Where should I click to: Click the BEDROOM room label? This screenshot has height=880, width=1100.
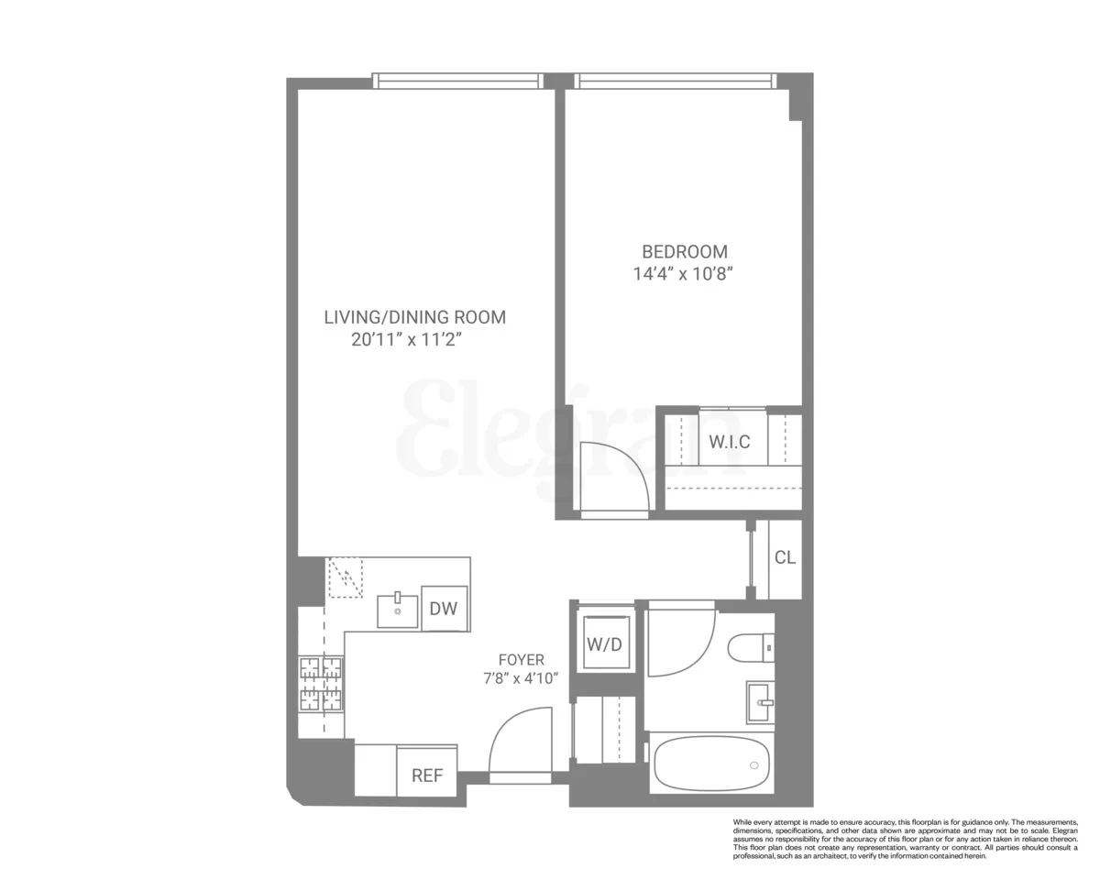point(684,251)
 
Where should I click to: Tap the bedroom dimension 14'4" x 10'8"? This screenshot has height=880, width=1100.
point(684,273)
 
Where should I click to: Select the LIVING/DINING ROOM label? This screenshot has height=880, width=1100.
point(414,317)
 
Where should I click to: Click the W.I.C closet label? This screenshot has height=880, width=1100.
point(729,442)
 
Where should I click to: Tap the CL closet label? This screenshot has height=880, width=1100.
point(785,557)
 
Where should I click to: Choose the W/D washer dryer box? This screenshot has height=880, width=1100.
point(604,644)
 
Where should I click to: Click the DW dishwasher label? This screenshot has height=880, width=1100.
point(444,608)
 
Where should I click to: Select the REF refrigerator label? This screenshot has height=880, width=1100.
point(427,775)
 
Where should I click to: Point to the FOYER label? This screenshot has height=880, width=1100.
point(521,660)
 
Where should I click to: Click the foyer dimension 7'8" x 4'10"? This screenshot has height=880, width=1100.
point(521,679)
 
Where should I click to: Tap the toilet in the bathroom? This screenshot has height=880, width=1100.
point(752,649)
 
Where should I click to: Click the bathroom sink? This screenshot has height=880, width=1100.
point(761,702)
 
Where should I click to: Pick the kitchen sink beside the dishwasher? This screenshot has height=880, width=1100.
point(398,610)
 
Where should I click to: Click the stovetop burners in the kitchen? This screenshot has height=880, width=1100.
point(320,684)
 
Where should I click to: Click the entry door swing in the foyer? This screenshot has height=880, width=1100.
point(521,742)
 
